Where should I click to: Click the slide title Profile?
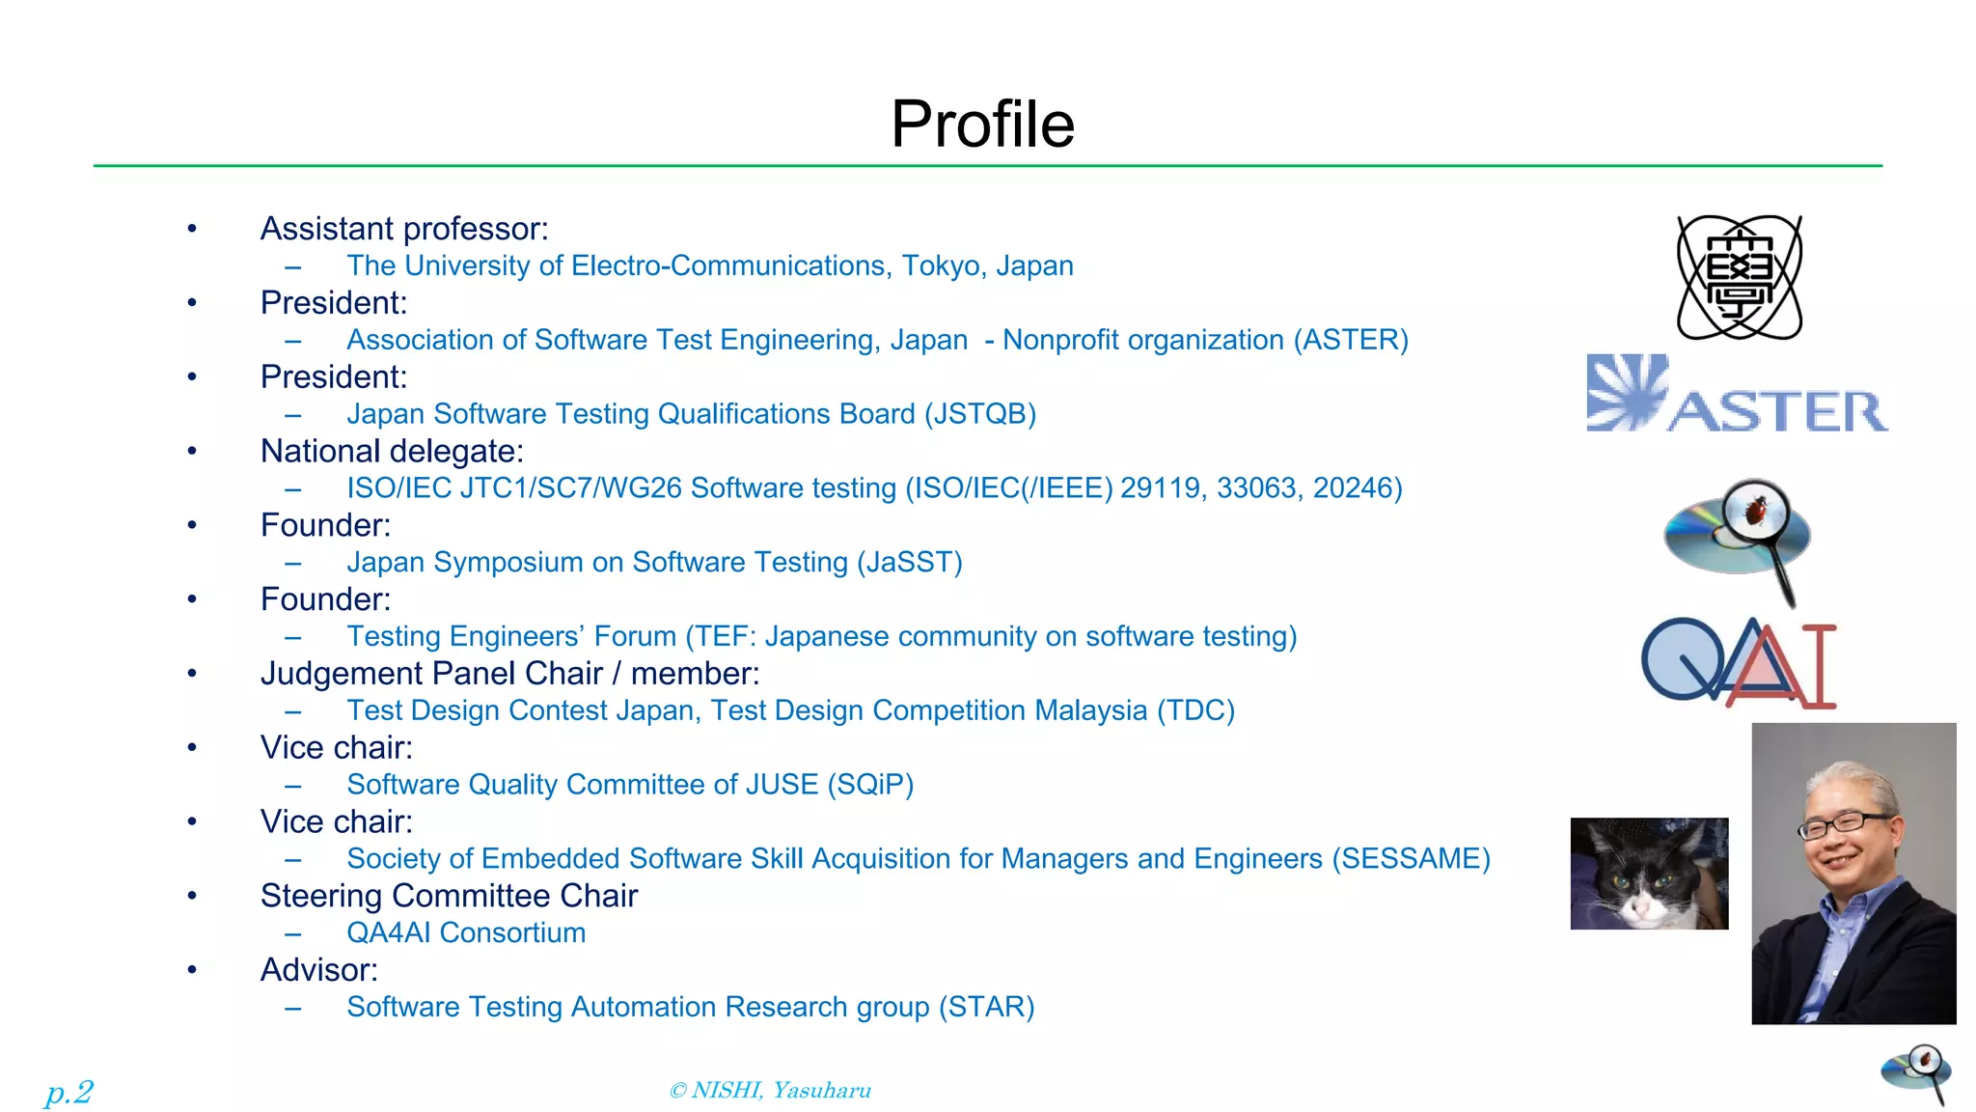982,125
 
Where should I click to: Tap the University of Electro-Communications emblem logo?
1739,277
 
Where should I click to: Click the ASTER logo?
1737,395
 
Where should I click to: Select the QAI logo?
1739,664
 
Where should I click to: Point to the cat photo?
1649,874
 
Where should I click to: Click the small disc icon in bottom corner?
1916,1073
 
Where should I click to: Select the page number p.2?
69,1092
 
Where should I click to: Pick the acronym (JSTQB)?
980,414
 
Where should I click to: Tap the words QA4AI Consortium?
466,933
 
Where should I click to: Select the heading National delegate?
392,452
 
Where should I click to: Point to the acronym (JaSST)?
910,563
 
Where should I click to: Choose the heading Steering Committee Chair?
449,897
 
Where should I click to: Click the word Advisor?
319,970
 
